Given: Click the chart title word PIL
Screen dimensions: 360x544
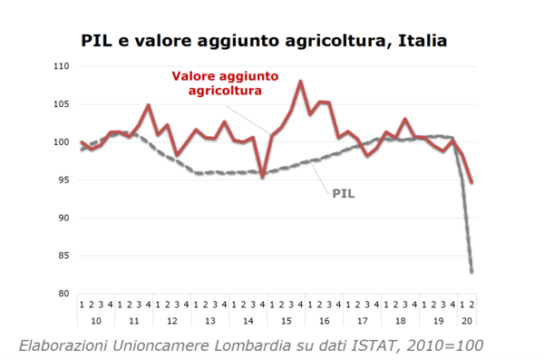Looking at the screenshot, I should click(96, 41).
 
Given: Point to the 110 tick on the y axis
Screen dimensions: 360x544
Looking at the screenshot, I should click(61, 66).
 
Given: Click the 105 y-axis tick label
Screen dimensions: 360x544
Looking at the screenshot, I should click(61, 104).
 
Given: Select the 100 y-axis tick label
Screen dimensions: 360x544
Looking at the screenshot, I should click(61, 142).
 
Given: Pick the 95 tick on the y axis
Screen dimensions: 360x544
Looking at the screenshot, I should click(63, 180).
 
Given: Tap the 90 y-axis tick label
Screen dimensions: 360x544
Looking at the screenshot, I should click(63, 218).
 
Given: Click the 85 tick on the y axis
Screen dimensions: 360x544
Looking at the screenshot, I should click(63, 256).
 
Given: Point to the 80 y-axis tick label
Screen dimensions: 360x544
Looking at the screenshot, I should click(63, 294).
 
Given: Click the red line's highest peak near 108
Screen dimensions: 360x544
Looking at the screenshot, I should click(300, 82).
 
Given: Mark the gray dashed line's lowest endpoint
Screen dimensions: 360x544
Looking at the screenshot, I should click(472, 271).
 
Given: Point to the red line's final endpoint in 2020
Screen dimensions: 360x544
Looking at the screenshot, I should click(472, 182).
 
